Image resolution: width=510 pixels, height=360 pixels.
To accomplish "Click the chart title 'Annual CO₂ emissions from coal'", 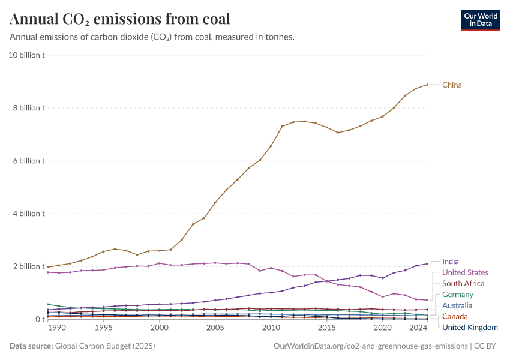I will [x=120, y=19].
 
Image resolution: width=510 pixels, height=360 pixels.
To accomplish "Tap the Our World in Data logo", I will [x=481, y=20].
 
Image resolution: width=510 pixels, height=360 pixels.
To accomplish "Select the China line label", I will [x=452, y=85].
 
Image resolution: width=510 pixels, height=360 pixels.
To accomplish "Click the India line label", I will [x=450, y=262].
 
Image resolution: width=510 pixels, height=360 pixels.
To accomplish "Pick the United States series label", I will [x=465, y=272].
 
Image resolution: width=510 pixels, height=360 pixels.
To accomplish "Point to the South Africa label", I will [x=463, y=283].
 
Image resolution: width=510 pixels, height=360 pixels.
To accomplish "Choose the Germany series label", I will [x=457, y=295].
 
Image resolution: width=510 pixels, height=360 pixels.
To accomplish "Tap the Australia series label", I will [x=457, y=305].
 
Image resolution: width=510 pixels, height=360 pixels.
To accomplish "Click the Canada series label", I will [x=454, y=316].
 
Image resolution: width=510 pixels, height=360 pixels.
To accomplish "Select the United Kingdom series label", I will [x=470, y=327].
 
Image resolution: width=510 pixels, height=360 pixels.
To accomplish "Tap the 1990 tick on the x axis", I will [x=56, y=328].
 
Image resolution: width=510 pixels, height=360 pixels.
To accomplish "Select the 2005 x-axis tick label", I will [x=215, y=328].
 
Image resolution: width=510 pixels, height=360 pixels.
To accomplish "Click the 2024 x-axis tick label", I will [x=417, y=328].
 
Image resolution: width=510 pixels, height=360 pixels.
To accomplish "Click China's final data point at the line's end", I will [x=427, y=85].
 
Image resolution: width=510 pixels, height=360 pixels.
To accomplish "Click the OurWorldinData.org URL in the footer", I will [x=370, y=346].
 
